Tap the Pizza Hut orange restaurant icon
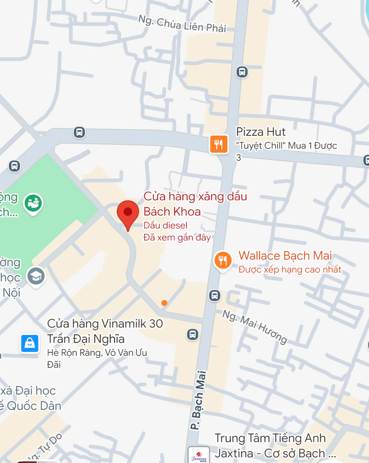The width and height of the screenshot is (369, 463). coord(219,144)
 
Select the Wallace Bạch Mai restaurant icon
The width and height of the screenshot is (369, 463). coord(223,260)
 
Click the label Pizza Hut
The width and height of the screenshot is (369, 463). coord(261,132)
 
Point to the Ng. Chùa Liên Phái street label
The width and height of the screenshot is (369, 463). coord(182,24)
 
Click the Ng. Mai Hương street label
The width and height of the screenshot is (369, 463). coord(255,327)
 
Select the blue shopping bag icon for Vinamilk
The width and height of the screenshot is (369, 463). coord(29,343)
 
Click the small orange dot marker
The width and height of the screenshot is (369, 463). coord(164,303)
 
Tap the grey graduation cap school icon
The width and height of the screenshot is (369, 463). coord(36,276)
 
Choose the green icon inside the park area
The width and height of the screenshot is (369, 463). coord(33,203)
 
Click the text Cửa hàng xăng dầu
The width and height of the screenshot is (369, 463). coord(195,196)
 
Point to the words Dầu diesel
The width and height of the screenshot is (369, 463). coord(165,225)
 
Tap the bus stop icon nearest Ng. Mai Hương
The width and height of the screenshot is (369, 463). coord(215,295)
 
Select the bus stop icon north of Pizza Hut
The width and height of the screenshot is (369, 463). coord(242,72)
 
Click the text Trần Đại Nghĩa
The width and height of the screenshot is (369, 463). coord(86,339)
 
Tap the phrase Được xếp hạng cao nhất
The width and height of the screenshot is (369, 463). coord(290,269)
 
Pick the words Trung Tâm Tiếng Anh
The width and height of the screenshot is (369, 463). coord(270,438)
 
